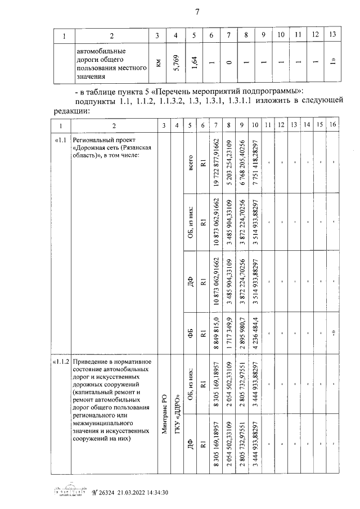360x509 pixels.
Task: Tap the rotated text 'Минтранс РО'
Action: (x=164, y=413)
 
